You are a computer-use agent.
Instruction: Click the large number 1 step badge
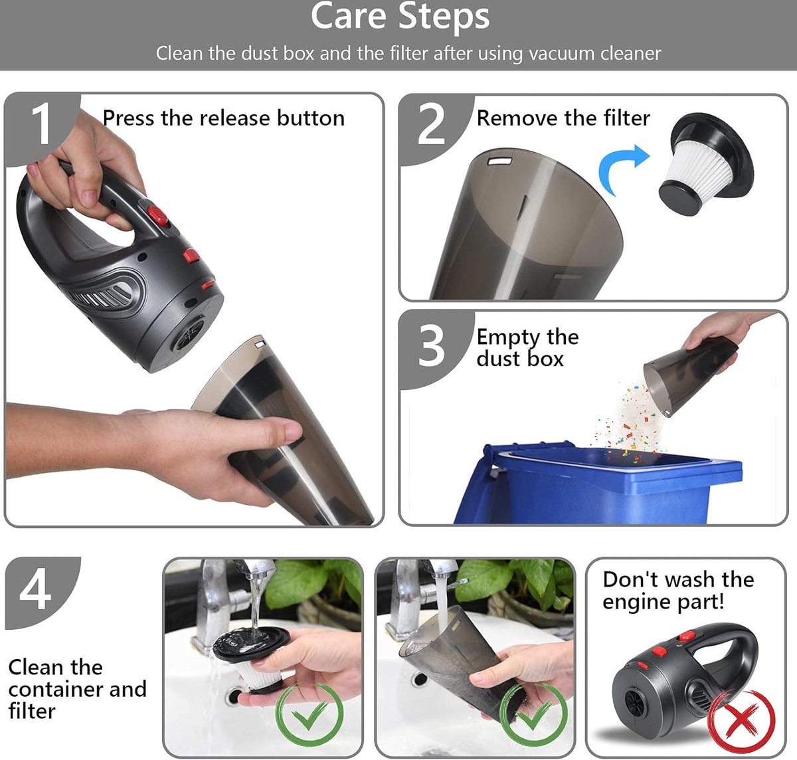41,124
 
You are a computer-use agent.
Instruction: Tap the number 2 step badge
431,124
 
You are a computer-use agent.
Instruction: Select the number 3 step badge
431,346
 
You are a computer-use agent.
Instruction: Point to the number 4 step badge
36,590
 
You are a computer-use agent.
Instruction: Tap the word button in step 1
311,118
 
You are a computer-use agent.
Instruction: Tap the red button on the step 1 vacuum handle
157,215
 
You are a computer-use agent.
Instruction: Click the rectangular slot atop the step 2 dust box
499,161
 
